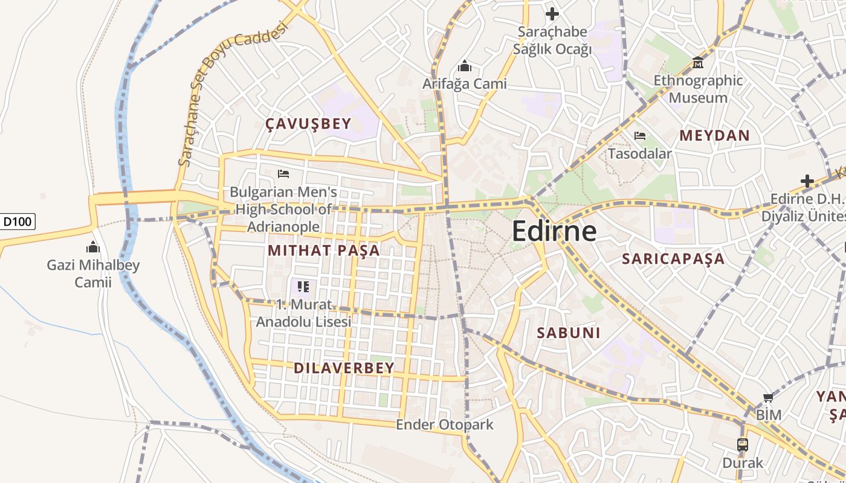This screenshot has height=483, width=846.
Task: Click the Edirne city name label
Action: [x=554, y=231]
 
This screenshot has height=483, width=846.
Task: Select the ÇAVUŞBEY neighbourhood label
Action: [x=308, y=124]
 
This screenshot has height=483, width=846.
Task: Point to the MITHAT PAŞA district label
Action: [x=324, y=251]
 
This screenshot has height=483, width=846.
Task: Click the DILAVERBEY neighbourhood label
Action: [x=344, y=368]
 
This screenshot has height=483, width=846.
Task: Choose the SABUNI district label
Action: [x=569, y=333]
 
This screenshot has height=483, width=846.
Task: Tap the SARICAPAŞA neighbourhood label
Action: [x=673, y=259]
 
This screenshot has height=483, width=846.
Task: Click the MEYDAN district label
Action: [x=714, y=135]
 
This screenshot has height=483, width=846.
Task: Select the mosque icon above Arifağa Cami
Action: [x=464, y=65]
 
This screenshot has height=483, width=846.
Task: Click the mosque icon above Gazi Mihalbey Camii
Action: [x=93, y=247]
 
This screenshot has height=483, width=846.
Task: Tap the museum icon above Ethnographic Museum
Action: [x=698, y=62]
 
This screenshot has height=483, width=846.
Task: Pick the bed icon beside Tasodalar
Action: [x=640, y=136]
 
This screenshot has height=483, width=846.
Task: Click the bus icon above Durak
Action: [x=743, y=445]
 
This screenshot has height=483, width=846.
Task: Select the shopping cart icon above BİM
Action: [x=768, y=397]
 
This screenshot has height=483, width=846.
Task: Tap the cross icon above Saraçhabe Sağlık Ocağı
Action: [x=552, y=13]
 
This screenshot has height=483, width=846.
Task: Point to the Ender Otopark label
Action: [x=444, y=425]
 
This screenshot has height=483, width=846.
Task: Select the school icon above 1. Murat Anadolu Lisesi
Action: [x=303, y=286]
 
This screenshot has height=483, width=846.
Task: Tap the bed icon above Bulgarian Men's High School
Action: [x=283, y=174]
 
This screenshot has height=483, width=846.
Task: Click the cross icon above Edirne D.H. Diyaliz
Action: [x=807, y=181]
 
